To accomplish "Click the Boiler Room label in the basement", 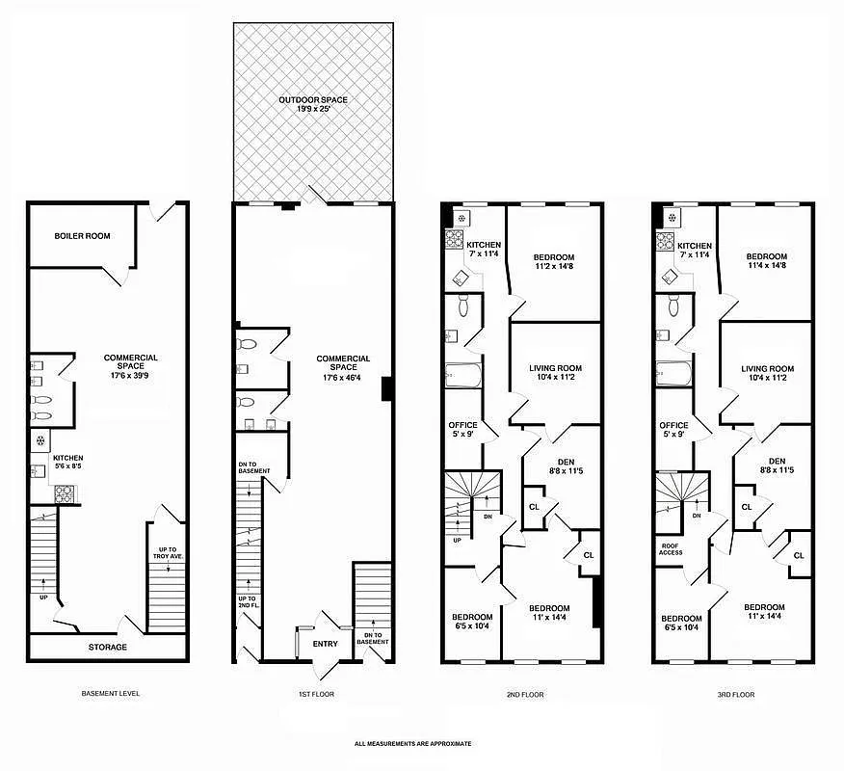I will coord(82,236).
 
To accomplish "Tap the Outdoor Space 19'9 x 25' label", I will coord(313,104).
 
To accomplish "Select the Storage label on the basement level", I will coord(107,647).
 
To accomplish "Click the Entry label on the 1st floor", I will coord(327,644).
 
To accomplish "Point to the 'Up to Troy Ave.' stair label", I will coord(168,555).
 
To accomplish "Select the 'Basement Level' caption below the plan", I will coord(107,694).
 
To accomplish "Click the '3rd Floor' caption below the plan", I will coord(735,694).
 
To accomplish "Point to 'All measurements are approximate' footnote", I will coord(412,743).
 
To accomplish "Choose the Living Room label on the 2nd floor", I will coord(555,373).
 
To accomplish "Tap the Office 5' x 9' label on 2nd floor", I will coord(462,430).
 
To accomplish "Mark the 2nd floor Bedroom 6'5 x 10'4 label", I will coord(472,622).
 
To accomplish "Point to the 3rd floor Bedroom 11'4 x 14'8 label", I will coord(767,262).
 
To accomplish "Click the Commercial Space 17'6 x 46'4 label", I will coord(343,363).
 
